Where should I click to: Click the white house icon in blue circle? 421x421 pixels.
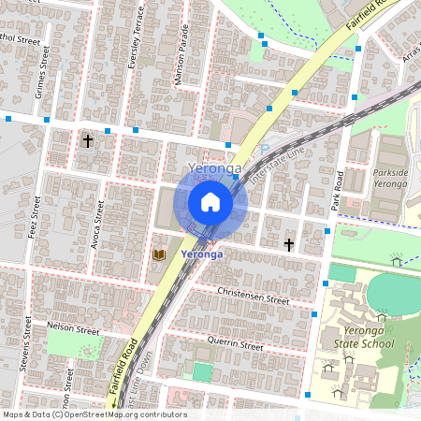(210, 202)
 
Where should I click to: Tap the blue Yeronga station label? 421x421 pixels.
(201, 254)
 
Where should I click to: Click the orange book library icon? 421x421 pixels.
(159, 254)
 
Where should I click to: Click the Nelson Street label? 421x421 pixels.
(73, 330)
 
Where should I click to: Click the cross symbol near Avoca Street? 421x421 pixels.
(88, 141)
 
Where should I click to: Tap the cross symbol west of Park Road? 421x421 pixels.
(289, 245)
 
